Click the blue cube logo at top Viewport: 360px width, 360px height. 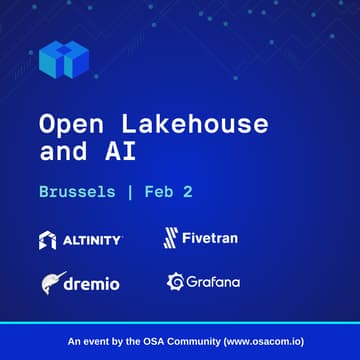click(63, 59)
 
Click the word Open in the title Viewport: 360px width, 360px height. click(70, 125)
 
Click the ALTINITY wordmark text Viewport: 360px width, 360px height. click(91, 240)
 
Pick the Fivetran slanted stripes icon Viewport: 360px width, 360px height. click(171, 239)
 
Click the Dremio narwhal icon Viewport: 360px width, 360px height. click(54, 282)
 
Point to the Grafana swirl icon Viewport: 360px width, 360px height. click(174, 282)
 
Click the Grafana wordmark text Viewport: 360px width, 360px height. click(213, 282)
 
